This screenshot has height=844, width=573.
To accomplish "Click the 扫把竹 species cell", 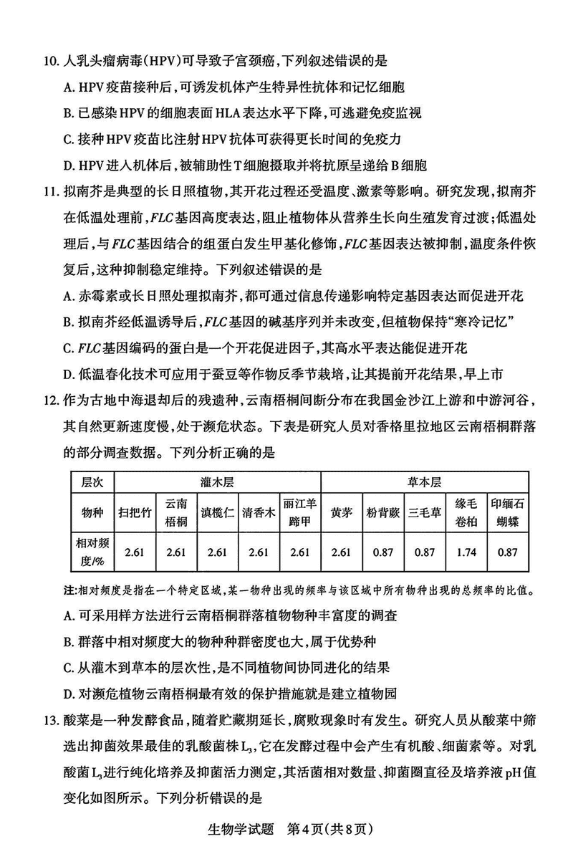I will click(x=135, y=512).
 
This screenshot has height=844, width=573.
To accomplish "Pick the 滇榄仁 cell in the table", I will click(x=216, y=512).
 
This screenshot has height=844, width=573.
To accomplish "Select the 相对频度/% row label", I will click(x=93, y=553).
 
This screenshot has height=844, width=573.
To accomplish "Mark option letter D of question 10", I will click(x=69, y=166).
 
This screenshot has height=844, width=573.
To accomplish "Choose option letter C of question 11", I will click(x=69, y=347).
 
